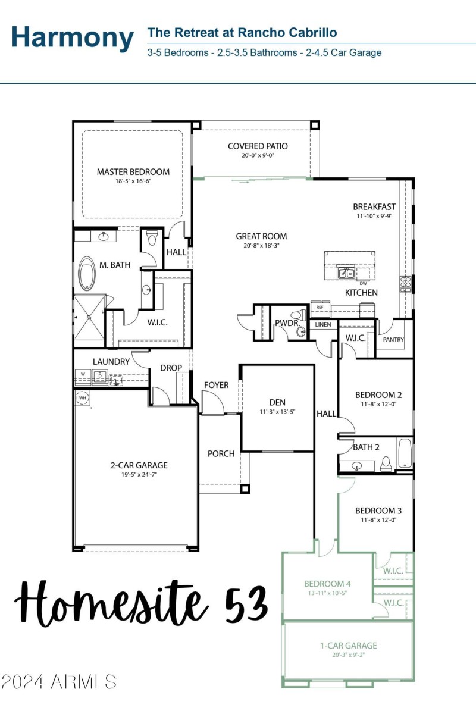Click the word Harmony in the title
tap(73, 37)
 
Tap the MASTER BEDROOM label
tap(133, 172)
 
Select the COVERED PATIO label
tap(258, 146)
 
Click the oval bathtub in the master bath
tap(88, 273)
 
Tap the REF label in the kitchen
tap(320, 307)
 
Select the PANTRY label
tap(394, 340)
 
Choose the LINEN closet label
tap(323, 325)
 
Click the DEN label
tap(277, 402)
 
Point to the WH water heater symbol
tap(82, 397)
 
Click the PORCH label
tap(221, 453)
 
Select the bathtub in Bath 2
tap(405, 453)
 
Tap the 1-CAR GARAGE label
tap(348, 645)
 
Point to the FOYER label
tap(216, 385)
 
